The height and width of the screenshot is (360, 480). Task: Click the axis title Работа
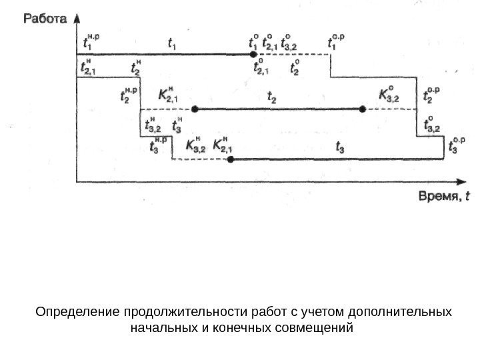tap(45, 19)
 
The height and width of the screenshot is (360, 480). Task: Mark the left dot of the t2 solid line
tap(195, 109)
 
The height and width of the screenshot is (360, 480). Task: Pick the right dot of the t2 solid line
tap(363, 109)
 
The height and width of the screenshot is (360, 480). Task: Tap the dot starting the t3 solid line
tap(231, 159)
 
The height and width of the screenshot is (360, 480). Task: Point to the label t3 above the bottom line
tap(340, 147)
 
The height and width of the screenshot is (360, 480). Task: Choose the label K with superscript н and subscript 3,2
tap(195, 145)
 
